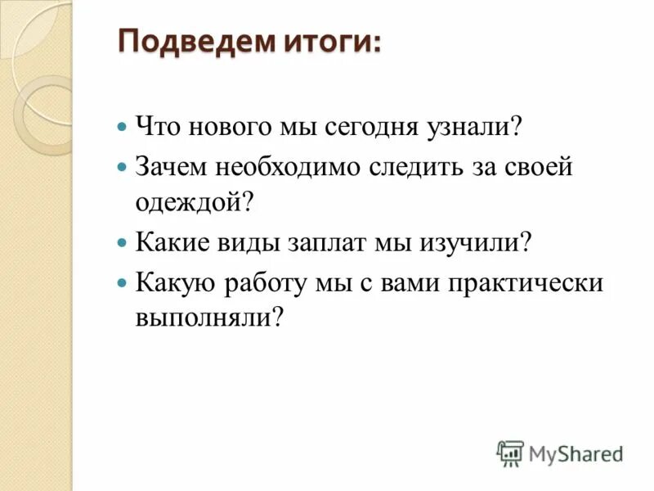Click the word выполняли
(x=210, y=318)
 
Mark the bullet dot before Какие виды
(x=122, y=243)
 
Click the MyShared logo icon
(x=509, y=453)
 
